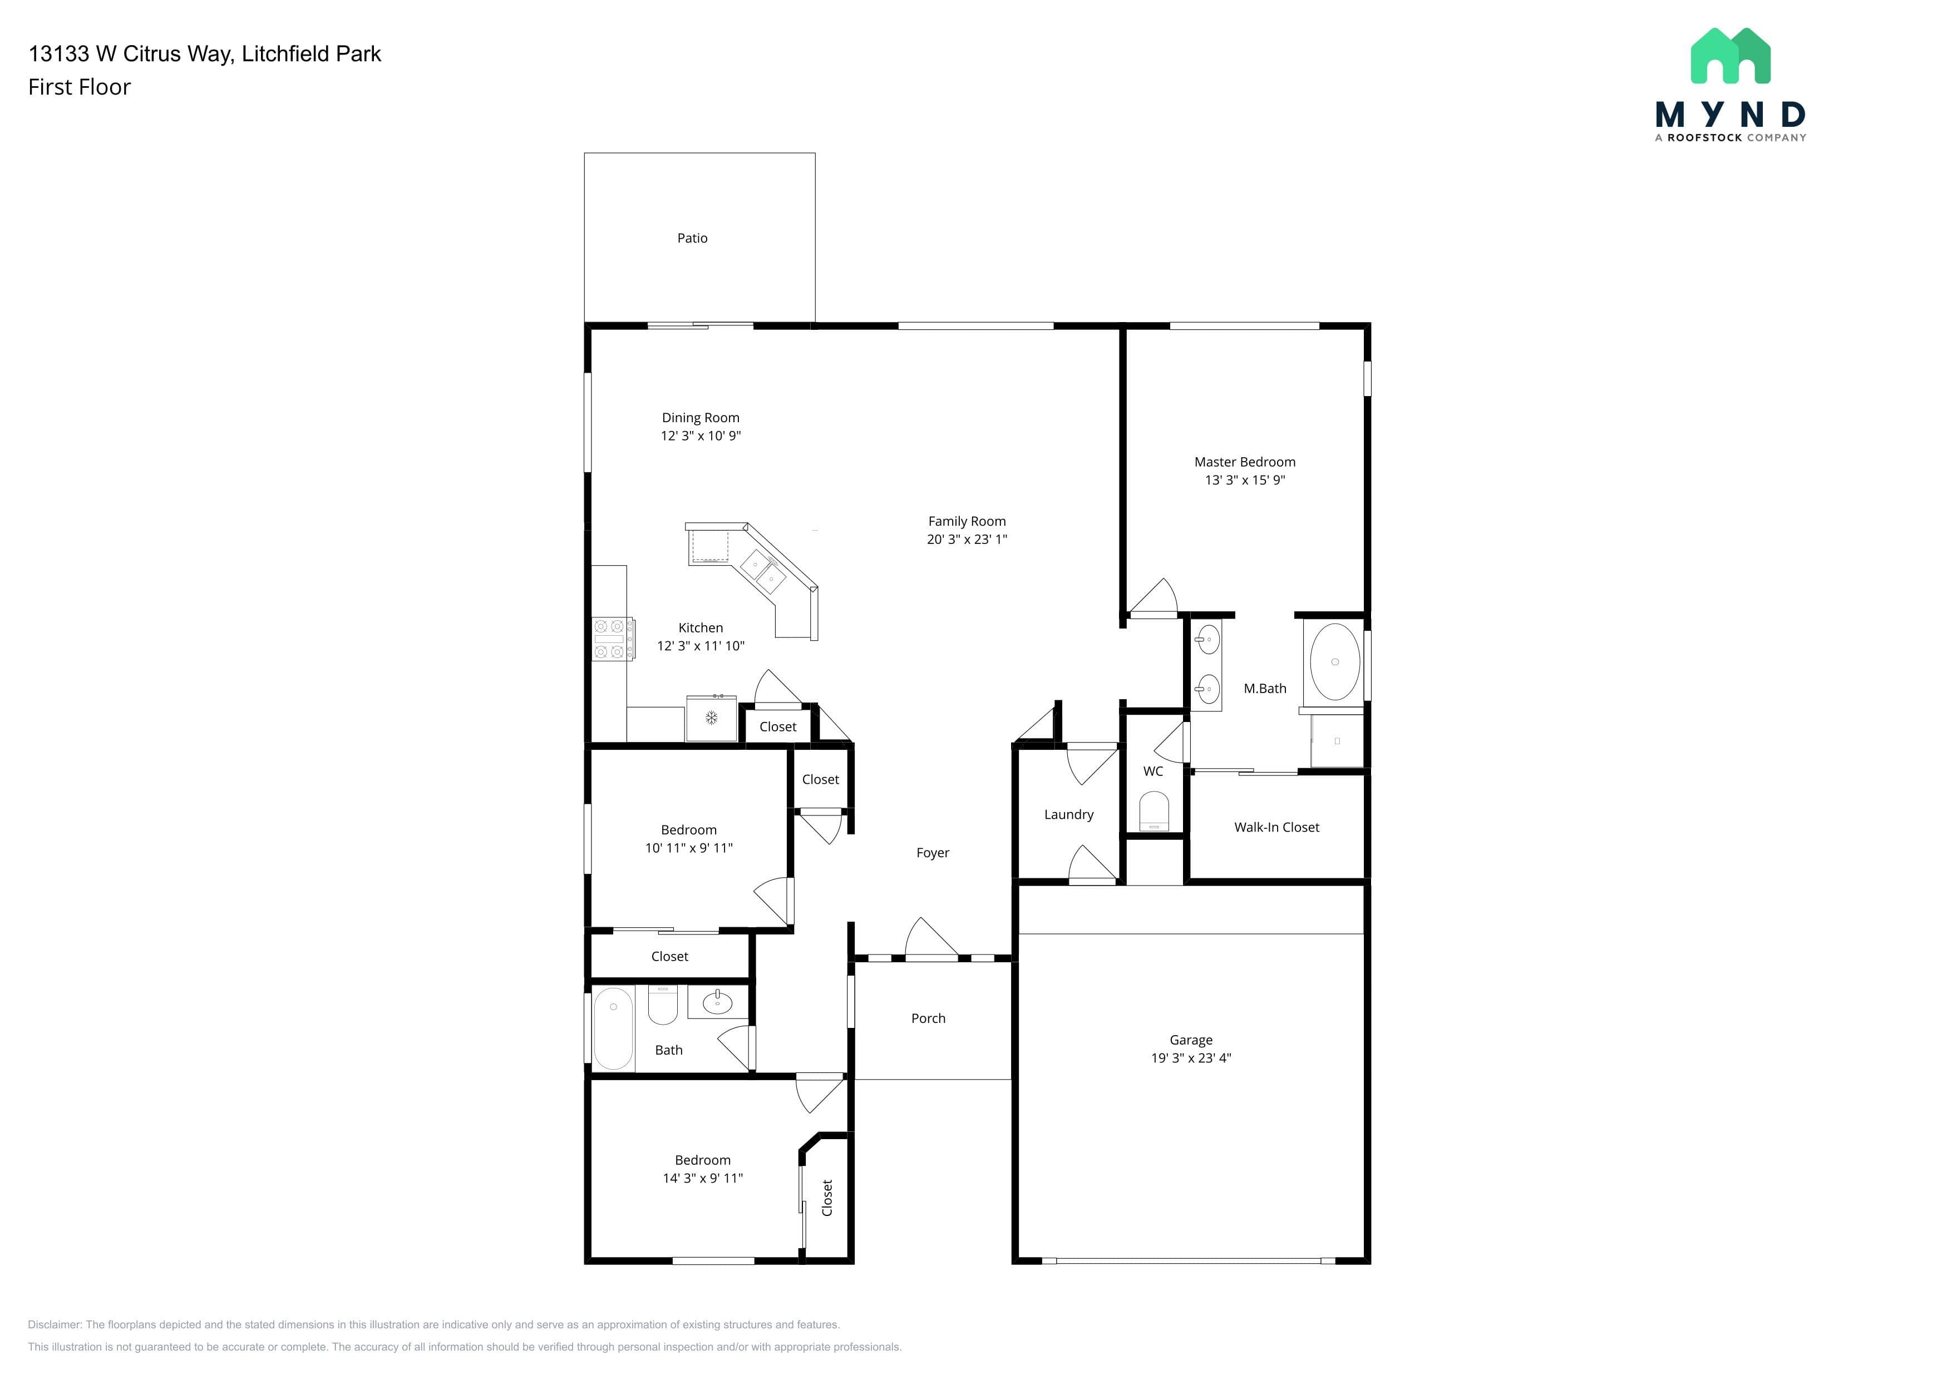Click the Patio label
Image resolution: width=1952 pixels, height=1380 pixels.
pyautogui.click(x=692, y=238)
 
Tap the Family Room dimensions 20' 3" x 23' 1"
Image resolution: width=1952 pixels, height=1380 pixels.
pyautogui.click(x=967, y=539)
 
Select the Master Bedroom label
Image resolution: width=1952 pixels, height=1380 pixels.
pyautogui.click(x=1245, y=462)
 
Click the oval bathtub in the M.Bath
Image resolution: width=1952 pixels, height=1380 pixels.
pyautogui.click(x=1335, y=661)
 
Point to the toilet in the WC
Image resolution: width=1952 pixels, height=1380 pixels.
pyautogui.click(x=1154, y=812)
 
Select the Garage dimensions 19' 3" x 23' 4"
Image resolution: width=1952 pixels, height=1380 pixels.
pyautogui.click(x=1191, y=1058)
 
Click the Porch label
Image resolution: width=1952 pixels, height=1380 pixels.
pyautogui.click(x=928, y=1018)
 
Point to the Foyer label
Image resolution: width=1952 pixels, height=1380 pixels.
pyautogui.click(x=933, y=852)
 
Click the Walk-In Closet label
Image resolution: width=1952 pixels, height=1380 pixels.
pyautogui.click(x=1277, y=827)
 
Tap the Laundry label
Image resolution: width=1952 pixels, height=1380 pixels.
pyautogui.click(x=1069, y=814)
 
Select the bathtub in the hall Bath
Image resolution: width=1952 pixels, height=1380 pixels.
pyautogui.click(x=613, y=1028)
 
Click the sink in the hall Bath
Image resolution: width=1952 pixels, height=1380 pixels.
pyautogui.click(x=718, y=1003)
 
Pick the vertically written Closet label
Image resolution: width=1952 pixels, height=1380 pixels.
pyautogui.click(x=827, y=1198)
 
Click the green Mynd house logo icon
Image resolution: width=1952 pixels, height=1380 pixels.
pyautogui.click(x=1730, y=56)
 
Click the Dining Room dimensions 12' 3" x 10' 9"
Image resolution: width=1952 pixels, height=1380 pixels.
pyautogui.click(x=701, y=435)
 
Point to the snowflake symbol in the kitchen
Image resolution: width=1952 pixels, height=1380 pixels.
pyautogui.click(x=712, y=718)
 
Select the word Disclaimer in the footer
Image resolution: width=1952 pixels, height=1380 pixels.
pyautogui.click(x=55, y=1324)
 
